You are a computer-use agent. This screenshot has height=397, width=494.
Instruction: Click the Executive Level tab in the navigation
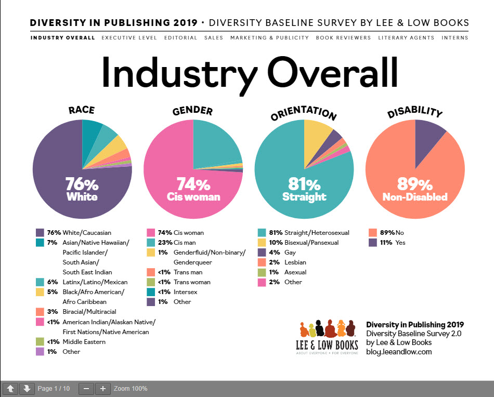pos(129,38)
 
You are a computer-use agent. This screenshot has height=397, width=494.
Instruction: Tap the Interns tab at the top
pos(454,38)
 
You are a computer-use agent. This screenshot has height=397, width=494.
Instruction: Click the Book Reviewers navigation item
pos(343,38)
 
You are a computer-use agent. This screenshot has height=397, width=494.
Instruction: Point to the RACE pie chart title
pos(81,110)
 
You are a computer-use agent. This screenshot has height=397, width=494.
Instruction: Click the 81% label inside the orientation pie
pos(304,184)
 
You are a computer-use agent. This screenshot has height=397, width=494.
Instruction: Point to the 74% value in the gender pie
pos(193,184)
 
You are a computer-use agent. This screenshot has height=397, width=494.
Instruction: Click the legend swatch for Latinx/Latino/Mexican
pos(40,282)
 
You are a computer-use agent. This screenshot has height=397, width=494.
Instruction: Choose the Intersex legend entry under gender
pos(184,292)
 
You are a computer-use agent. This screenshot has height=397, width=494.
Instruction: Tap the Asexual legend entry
pos(295,272)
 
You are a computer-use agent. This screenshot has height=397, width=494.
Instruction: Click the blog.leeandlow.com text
pos(399,352)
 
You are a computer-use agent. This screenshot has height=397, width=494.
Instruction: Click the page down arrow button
pos(25,389)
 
